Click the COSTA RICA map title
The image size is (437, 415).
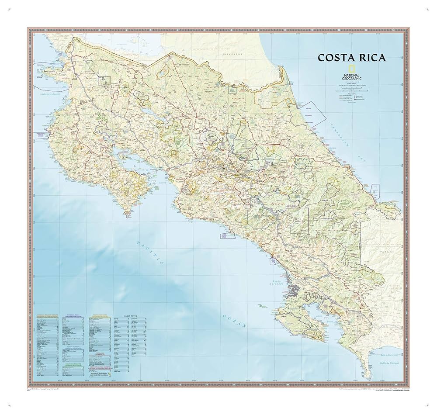[x=351, y=58]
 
